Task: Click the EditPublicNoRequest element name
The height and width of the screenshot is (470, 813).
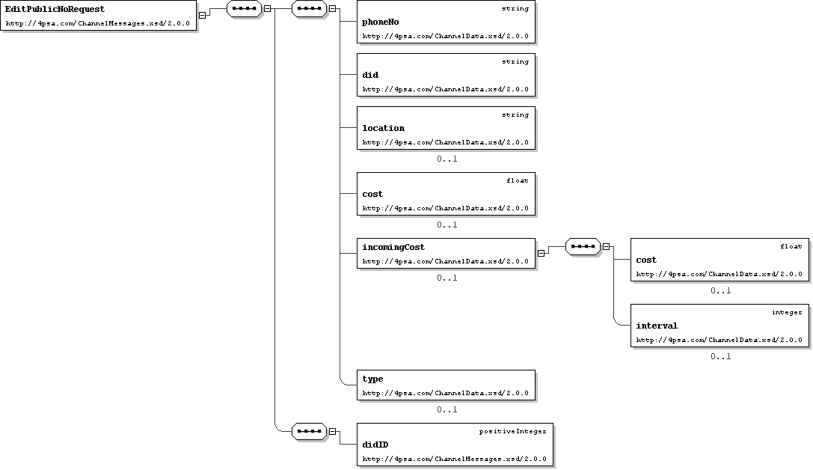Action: coord(55,9)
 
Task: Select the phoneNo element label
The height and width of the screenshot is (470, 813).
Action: coord(381,22)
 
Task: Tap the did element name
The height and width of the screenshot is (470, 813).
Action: coord(370,75)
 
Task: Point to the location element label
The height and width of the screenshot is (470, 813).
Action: coord(383,128)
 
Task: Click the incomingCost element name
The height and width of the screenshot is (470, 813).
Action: coord(393,247)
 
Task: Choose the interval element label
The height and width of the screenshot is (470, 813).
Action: coord(657,326)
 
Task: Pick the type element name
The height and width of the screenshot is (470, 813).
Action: coord(372,379)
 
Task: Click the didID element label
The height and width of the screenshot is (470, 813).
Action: coord(375,445)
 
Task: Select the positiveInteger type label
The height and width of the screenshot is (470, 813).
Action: coord(513,432)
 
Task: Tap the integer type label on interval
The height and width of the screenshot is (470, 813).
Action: coord(787,312)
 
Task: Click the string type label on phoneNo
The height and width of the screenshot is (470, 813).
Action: coord(515,9)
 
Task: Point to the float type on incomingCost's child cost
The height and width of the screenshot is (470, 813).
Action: coord(791,246)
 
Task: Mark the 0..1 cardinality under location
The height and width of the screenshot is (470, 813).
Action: coord(447,159)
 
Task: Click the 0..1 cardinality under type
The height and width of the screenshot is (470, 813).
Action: coord(447,410)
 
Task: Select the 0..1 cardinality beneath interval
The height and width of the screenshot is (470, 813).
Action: coord(721,356)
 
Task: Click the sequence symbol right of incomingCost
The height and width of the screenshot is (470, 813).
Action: coord(583,246)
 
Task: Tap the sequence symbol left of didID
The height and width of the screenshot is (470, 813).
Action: coord(309,431)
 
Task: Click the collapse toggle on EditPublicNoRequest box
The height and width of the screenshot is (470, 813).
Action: coord(202,15)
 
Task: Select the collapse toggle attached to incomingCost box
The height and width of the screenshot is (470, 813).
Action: coord(541,253)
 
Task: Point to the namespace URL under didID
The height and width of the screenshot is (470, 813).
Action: coord(454,459)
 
